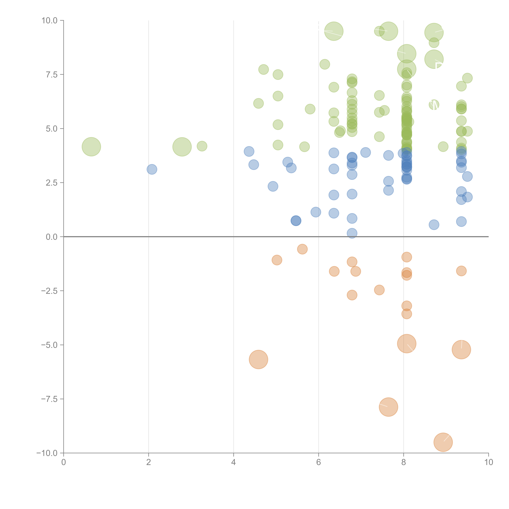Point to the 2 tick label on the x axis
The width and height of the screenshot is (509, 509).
(x=149, y=462)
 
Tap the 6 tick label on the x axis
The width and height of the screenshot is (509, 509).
(x=319, y=462)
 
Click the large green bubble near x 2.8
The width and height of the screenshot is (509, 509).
(x=182, y=147)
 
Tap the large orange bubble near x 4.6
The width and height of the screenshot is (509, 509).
(x=258, y=360)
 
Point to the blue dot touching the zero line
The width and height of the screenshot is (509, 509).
(x=352, y=233)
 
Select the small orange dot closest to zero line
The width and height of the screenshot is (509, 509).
(x=302, y=249)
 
